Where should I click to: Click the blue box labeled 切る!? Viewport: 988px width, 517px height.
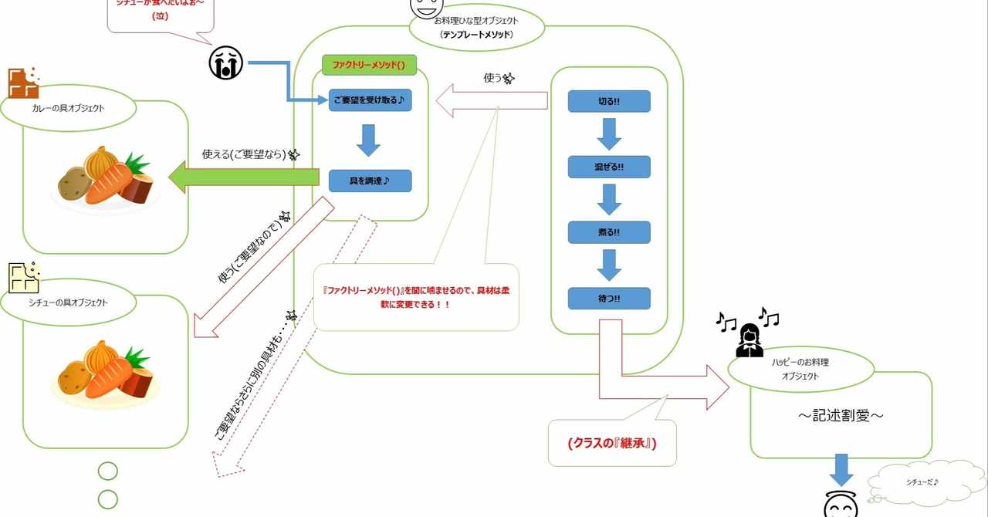[x=609, y=101]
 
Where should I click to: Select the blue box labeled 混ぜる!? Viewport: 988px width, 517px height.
[x=609, y=167]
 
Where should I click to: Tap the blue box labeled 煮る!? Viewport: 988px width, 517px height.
[x=609, y=232]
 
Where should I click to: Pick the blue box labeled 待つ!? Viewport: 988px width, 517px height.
[x=609, y=299]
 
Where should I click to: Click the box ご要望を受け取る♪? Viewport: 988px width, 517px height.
[x=370, y=100]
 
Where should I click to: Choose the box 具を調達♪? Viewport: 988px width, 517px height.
[x=370, y=181]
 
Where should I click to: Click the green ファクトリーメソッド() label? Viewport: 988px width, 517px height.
[x=369, y=66]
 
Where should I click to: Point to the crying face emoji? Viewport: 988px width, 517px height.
[x=225, y=63]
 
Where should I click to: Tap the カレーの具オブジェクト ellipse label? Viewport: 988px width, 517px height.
[x=69, y=108]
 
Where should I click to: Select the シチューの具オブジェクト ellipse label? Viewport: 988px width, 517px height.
[x=69, y=302]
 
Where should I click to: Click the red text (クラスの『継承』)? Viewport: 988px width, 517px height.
[x=611, y=443]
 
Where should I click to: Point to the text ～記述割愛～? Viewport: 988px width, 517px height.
[x=841, y=416]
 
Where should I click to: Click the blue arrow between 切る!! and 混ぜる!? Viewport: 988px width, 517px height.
[x=609, y=134]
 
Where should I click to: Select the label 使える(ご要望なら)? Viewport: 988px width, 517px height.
[x=244, y=154]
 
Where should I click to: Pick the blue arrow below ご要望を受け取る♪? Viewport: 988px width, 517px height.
[x=370, y=140]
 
